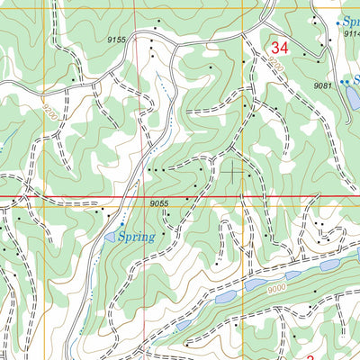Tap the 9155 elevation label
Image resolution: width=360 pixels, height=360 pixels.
(116, 40)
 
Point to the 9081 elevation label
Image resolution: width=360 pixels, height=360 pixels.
(324, 85)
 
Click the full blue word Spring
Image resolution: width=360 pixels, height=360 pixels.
(137, 237)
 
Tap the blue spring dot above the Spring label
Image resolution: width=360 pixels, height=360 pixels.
(122, 224)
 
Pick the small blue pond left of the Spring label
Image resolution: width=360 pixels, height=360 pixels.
(110, 237)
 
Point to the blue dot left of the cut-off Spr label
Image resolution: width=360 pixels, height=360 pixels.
(338, 21)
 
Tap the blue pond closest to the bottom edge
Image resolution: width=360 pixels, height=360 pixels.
(183, 325)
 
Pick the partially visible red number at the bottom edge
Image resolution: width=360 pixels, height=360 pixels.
(310, 356)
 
